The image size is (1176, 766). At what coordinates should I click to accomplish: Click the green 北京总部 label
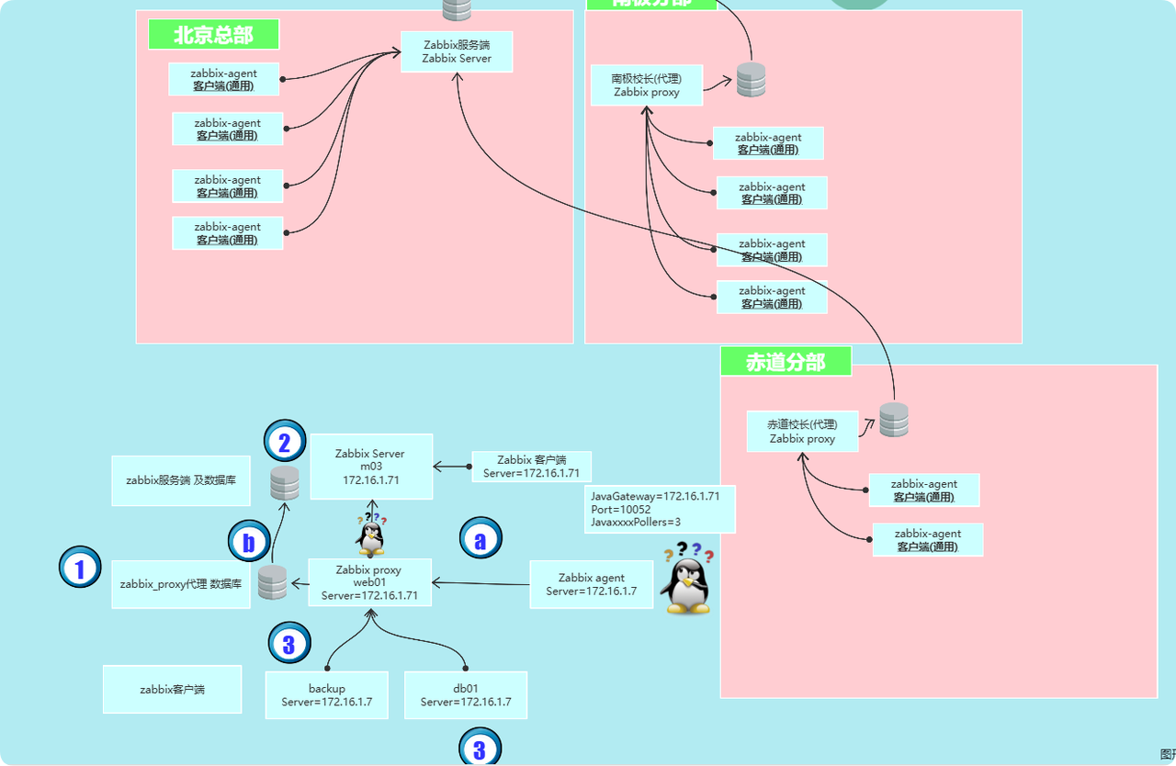tap(213, 35)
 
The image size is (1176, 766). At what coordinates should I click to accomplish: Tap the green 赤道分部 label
tap(786, 362)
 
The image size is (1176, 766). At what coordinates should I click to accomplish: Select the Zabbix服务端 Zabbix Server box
tap(457, 51)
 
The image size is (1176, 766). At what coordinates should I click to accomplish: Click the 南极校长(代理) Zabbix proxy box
tap(646, 85)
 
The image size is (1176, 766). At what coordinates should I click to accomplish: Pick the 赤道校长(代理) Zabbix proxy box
tap(802, 432)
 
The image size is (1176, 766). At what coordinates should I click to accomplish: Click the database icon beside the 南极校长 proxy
tap(751, 81)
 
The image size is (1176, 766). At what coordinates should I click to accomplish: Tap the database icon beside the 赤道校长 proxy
tap(893, 420)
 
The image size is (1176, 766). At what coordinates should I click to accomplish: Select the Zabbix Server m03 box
tap(370, 467)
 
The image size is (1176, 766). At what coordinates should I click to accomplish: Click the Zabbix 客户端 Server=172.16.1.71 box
tap(531, 467)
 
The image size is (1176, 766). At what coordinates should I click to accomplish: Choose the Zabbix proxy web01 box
tap(369, 582)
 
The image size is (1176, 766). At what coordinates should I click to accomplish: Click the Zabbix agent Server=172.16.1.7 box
tap(591, 584)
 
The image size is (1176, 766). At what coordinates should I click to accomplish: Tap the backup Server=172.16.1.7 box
tap(326, 695)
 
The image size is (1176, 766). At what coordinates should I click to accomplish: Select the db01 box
tap(466, 695)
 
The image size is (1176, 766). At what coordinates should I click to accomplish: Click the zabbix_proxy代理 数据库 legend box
tap(180, 584)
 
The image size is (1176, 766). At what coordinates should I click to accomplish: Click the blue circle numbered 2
tap(285, 444)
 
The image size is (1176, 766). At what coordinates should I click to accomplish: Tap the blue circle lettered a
tap(481, 540)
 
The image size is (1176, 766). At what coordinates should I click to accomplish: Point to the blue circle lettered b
tap(249, 542)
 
